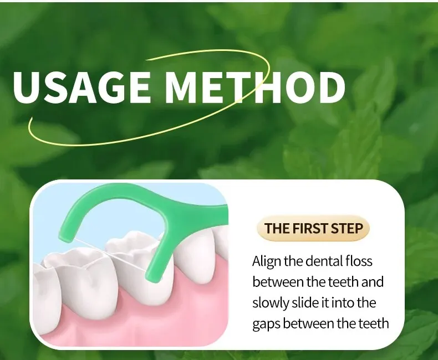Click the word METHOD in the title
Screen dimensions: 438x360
point(255,87)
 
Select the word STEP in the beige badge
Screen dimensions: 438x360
point(347,228)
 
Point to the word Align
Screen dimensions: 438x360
point(267,262)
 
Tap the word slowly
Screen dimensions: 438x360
point(271,304)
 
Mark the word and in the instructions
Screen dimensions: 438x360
point(372,282)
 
